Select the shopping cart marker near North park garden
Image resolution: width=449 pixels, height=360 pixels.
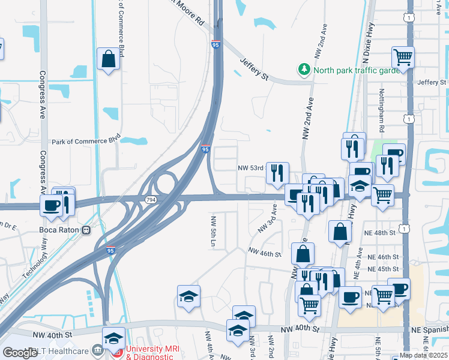pos(403,58)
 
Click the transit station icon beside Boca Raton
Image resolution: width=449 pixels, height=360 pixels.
pos(87,229)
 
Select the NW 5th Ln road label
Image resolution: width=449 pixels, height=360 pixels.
pos(212,231)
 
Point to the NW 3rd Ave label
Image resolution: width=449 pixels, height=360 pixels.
pos(267,218)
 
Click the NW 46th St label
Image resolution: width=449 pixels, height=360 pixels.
pos(266,254)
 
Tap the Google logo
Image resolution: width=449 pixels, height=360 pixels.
pos(20,353)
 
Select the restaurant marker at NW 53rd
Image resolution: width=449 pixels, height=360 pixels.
pos(277,173)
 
